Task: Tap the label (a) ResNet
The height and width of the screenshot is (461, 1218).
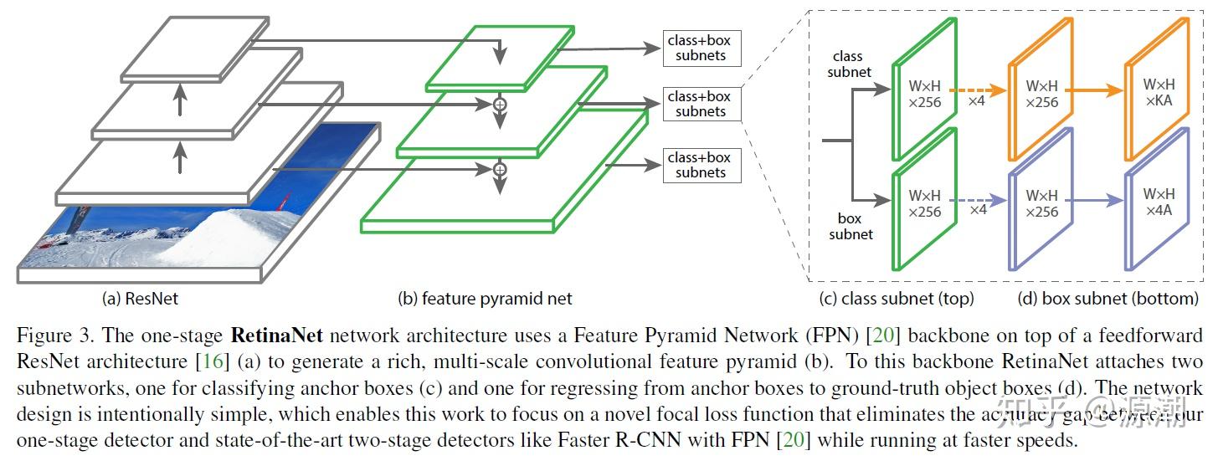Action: tap(140, 298)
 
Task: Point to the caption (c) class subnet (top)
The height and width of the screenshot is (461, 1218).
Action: tap(897, 298)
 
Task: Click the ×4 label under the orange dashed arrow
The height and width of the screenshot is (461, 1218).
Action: tap(977, 101)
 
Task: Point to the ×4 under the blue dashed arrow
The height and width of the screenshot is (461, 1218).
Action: tap(977, 210)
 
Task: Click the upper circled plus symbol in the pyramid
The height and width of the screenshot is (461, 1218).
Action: tap(500, 105)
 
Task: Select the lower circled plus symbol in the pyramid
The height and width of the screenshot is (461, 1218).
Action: tap(500, 169)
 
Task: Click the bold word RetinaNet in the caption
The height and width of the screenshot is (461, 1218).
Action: tap(289, 337)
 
